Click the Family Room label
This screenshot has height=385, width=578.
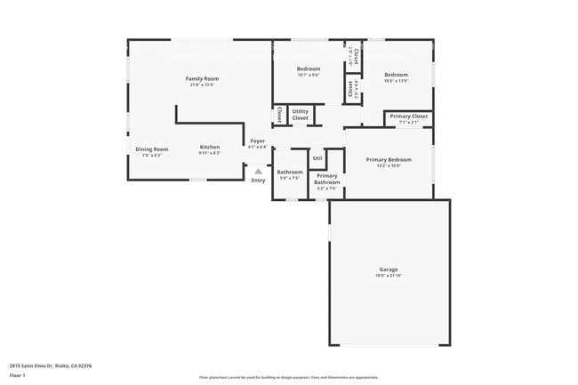click(202, 78)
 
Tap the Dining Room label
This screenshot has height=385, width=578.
click(151, 148)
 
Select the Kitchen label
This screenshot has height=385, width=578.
click(210, 147)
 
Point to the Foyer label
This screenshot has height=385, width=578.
click(257, 140)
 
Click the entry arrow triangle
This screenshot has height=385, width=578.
click(258, 170)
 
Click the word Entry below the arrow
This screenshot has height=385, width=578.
click(258, 180)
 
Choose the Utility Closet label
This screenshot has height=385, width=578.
click(301, 115)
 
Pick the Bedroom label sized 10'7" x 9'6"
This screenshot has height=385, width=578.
click(309, 68)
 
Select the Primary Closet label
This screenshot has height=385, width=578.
click(408, 116)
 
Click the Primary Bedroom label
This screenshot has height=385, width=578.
click(389, 159)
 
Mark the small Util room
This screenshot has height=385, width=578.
click(317, 158)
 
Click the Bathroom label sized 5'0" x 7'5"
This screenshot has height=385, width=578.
click(290, 172)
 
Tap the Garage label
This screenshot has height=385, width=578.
click(389, 269)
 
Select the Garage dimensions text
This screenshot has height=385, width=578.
click(389, 276)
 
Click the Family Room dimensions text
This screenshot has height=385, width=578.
click(202, 85)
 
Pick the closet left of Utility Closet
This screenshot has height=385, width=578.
click(280, 115)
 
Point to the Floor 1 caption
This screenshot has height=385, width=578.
click(18, 375)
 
